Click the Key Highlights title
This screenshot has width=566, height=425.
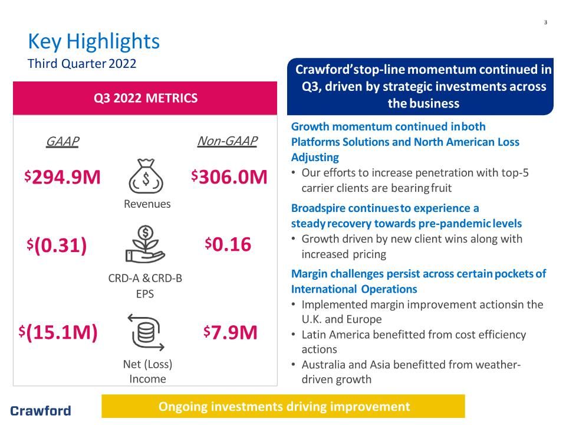94,41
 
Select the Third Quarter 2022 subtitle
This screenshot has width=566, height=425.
82,64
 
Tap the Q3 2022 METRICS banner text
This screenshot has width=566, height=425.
146,98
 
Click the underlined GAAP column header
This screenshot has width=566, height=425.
62,141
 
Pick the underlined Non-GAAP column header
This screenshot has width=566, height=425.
228,140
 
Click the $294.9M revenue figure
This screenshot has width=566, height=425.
62,177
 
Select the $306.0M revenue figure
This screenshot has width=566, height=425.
229,177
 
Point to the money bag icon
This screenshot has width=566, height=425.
146,176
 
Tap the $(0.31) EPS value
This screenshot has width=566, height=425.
57,246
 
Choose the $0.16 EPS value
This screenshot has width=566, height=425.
228,244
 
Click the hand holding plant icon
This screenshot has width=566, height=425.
145,244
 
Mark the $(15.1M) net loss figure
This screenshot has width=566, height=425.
58,332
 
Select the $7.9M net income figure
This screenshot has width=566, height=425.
231,332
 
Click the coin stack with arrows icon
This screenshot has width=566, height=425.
146,332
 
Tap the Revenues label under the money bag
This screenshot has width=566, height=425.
147,204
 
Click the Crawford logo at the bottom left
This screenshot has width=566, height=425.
41,411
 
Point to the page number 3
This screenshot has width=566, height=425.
545,22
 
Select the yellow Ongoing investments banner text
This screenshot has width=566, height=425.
284,407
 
